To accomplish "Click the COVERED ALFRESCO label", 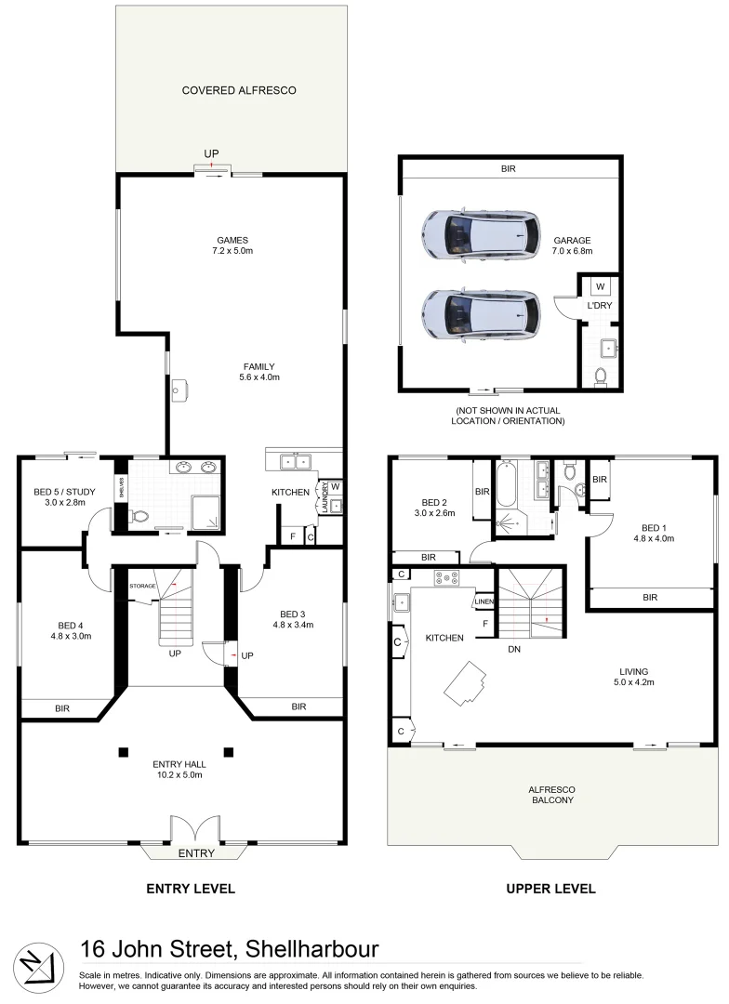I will (238, 90).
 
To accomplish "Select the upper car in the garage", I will (480, 233).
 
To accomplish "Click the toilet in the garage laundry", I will (600, 376).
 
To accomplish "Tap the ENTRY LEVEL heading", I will (191, 889).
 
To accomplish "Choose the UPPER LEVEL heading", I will (550, 889).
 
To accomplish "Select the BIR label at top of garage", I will (508, 169).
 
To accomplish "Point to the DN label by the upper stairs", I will (513, 650).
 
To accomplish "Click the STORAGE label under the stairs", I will (141, 587).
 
